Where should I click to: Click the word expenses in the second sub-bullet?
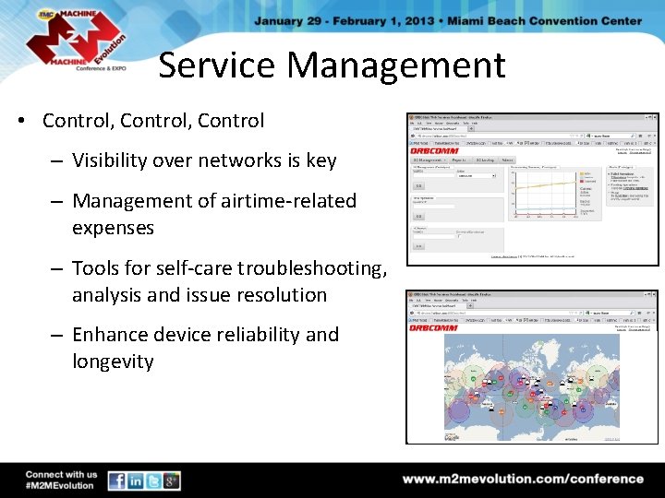pyautogui.click(x=113, y=227)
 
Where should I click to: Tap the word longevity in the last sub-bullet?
pyautogui.click(x=113, y=361)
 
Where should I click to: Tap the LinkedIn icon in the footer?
pyautogui.click(x=135, y=480)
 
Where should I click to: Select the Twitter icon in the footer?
pyautogui.click(x=153, y=480)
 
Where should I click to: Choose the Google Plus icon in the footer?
pyautogui.click(x=171, y=480)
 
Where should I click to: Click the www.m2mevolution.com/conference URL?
pyautogui.click(x=523, y=479)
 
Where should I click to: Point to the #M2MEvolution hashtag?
pyautogui.click(x=60, y=486)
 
